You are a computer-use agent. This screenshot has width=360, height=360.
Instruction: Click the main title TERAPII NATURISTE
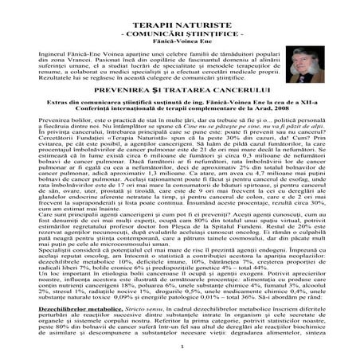click(x=179, y=14)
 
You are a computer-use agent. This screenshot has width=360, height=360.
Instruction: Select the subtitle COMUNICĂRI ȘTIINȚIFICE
click(x=179, y=25)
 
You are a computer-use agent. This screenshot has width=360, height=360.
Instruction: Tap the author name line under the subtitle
click(x=179, y=33)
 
